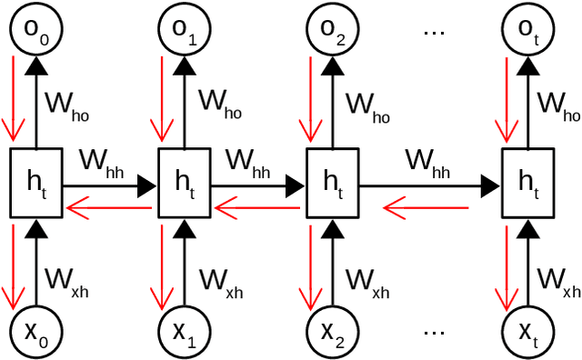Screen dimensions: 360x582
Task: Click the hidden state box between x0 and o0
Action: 35,183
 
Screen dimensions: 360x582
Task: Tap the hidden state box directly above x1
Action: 186,183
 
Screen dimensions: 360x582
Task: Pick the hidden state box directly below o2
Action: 333,183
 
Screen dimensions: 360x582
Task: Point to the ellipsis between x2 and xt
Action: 432,333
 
